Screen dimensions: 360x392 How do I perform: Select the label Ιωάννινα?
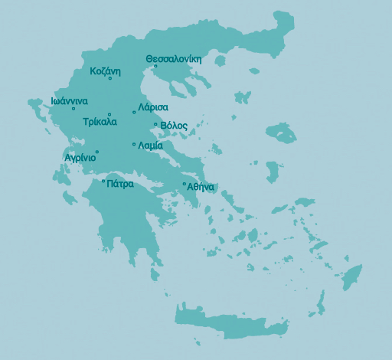69,100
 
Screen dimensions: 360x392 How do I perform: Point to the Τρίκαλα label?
100,121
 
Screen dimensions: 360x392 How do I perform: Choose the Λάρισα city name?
153,107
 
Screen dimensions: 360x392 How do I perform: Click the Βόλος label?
174,126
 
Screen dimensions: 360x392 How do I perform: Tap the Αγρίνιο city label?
80,158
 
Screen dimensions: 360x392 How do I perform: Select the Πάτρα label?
120,184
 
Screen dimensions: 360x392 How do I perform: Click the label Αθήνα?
201,187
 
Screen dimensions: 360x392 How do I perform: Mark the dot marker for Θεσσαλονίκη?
155,66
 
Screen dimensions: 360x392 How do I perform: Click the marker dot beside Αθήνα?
185,184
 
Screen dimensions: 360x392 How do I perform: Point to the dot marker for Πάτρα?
103,182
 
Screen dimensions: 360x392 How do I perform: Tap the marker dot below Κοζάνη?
110,79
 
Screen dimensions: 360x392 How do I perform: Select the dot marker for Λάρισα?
134,113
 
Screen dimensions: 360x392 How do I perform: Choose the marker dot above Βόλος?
155,125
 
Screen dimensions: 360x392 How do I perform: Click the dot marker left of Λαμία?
134,144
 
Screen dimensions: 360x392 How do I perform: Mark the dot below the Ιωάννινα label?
73,109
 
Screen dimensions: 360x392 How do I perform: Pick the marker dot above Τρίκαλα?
110,114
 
